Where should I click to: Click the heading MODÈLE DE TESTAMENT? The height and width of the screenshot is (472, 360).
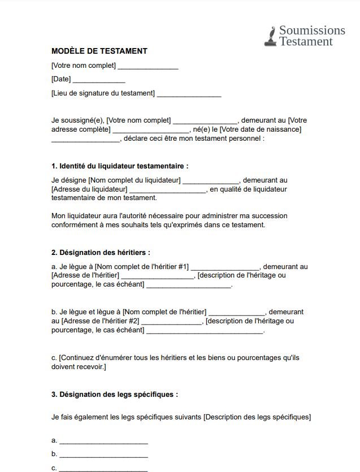99,51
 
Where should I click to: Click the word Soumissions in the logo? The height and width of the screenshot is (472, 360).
312,30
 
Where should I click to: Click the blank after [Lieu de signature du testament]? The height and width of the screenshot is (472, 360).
189,94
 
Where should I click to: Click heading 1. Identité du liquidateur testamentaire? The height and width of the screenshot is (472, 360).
119,166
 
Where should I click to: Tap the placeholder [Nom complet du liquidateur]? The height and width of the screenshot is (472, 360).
135,180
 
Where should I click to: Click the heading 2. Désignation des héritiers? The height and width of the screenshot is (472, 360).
101,253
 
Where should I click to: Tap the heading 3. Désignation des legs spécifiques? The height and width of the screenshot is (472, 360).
115,395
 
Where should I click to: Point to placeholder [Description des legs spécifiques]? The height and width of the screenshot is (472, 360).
257,417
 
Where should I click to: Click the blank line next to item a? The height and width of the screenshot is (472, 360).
103,441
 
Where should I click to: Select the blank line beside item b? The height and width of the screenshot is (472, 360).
103,455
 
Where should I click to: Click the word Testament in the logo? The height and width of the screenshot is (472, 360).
306,41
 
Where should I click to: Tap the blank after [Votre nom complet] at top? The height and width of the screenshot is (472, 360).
148,67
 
